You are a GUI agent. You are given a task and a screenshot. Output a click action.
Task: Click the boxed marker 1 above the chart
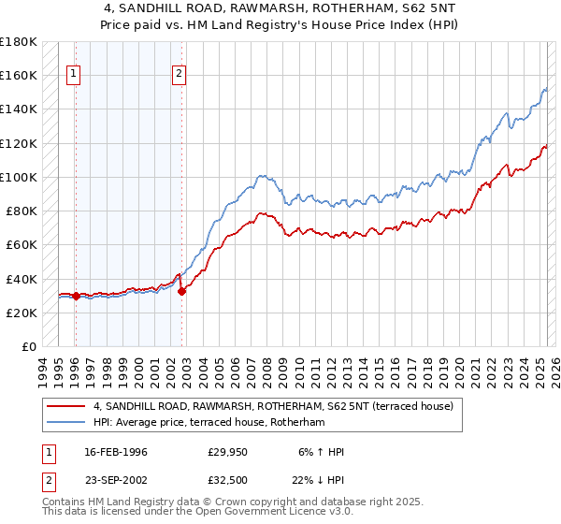click(74, 77)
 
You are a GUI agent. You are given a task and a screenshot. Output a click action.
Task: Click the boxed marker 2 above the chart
click(179, 77)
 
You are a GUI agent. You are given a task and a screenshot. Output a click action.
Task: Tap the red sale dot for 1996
click(75, 296)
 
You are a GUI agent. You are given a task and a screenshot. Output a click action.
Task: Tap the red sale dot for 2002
click(182, 291)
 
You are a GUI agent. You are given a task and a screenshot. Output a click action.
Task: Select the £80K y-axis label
click(22, 211)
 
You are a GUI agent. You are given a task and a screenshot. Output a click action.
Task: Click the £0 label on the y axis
click(29, 346)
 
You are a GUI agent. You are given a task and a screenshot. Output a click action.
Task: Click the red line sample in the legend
click(65, 406)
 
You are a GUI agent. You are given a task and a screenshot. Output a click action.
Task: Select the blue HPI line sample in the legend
click(65, 423)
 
